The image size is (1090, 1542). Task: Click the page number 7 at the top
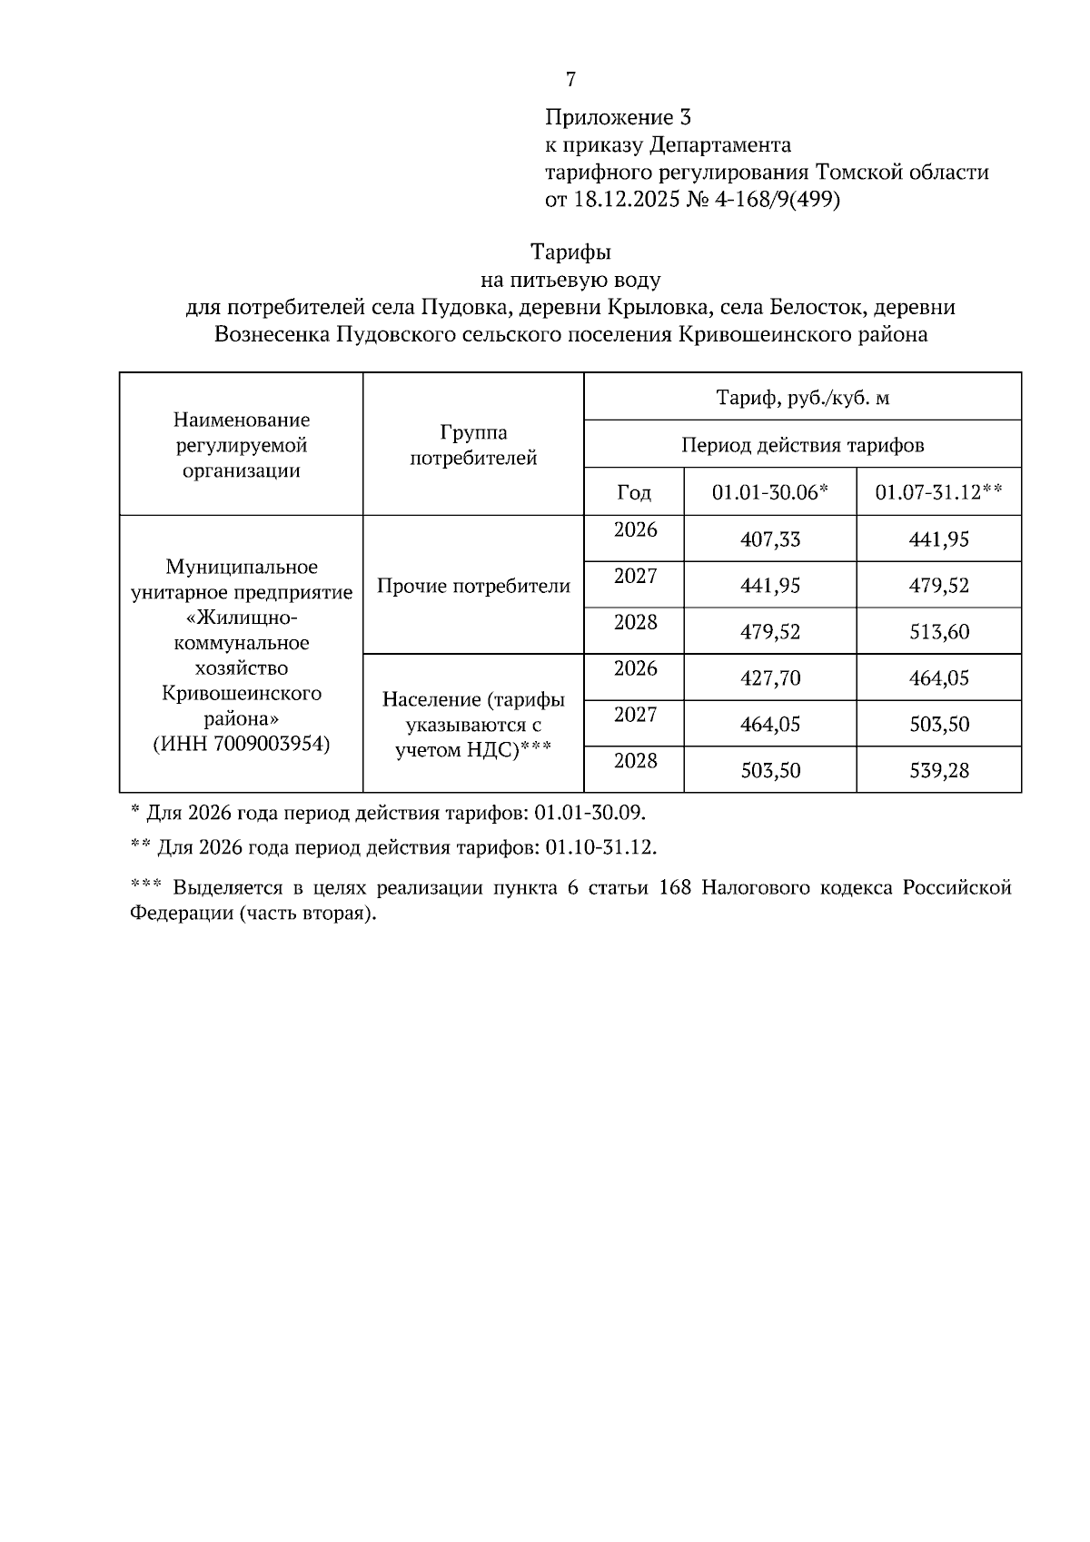point(570,80)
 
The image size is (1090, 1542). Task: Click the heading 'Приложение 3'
point(618,117)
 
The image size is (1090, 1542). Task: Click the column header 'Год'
point(634,492)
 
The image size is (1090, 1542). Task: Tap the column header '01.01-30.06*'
point(769,492)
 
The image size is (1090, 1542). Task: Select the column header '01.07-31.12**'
point(938,492)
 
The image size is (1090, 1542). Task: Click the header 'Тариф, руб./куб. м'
point(802,397)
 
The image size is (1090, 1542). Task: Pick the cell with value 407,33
point(770,539)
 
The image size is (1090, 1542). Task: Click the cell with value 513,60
point(939,632)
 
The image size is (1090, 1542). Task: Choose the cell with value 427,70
point(770,678)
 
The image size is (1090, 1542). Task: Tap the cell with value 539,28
point(939,771)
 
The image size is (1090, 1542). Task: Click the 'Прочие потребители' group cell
point(473,586)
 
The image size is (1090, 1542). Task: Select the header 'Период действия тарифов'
point(802,445)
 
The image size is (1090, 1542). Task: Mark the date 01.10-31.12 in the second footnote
point(600,847)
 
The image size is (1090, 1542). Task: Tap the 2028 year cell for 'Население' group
point(635,760)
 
